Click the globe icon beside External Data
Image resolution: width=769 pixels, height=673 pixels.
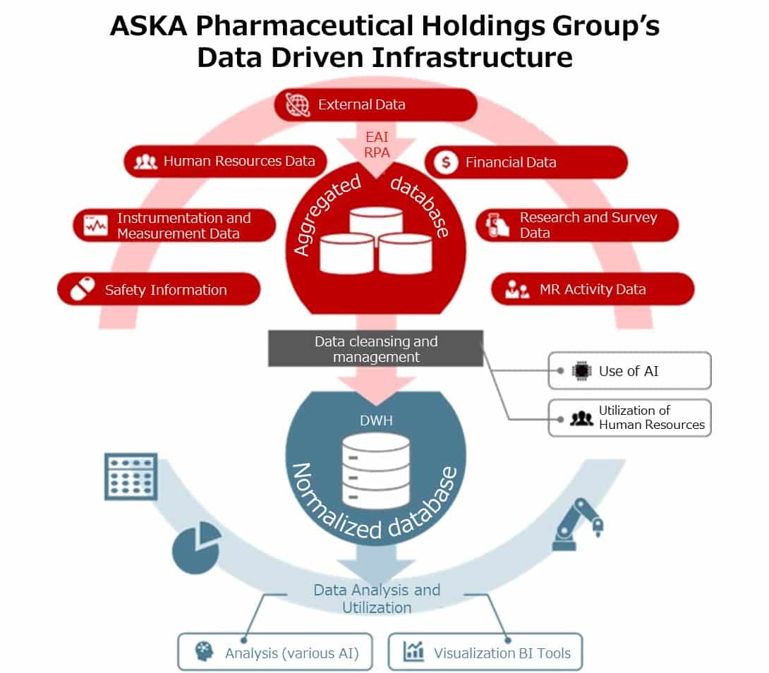click(298, 104)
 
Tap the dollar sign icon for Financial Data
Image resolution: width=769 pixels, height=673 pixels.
click(444, 162)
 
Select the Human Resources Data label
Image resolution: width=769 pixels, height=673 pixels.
click(238, 161)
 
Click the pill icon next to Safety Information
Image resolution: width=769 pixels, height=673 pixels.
click(82, 289)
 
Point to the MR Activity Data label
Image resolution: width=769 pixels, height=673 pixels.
click(592, 289)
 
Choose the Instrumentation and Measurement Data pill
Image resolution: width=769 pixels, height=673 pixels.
click(174, 226)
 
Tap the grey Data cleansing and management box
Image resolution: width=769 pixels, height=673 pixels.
click(375, 349)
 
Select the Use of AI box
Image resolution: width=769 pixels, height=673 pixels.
click(629, 371)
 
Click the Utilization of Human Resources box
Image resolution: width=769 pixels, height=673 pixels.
click(629, 418)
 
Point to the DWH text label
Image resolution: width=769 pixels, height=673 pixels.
click(375, 420)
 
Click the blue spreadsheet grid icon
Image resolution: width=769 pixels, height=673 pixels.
click(131, 476)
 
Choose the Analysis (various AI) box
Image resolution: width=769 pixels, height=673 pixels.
click(267, 653)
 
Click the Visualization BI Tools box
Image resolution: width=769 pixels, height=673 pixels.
click(486, 653)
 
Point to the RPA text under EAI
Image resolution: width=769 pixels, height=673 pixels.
click(377, 151)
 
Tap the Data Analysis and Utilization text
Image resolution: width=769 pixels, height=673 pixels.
click(377, 598)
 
